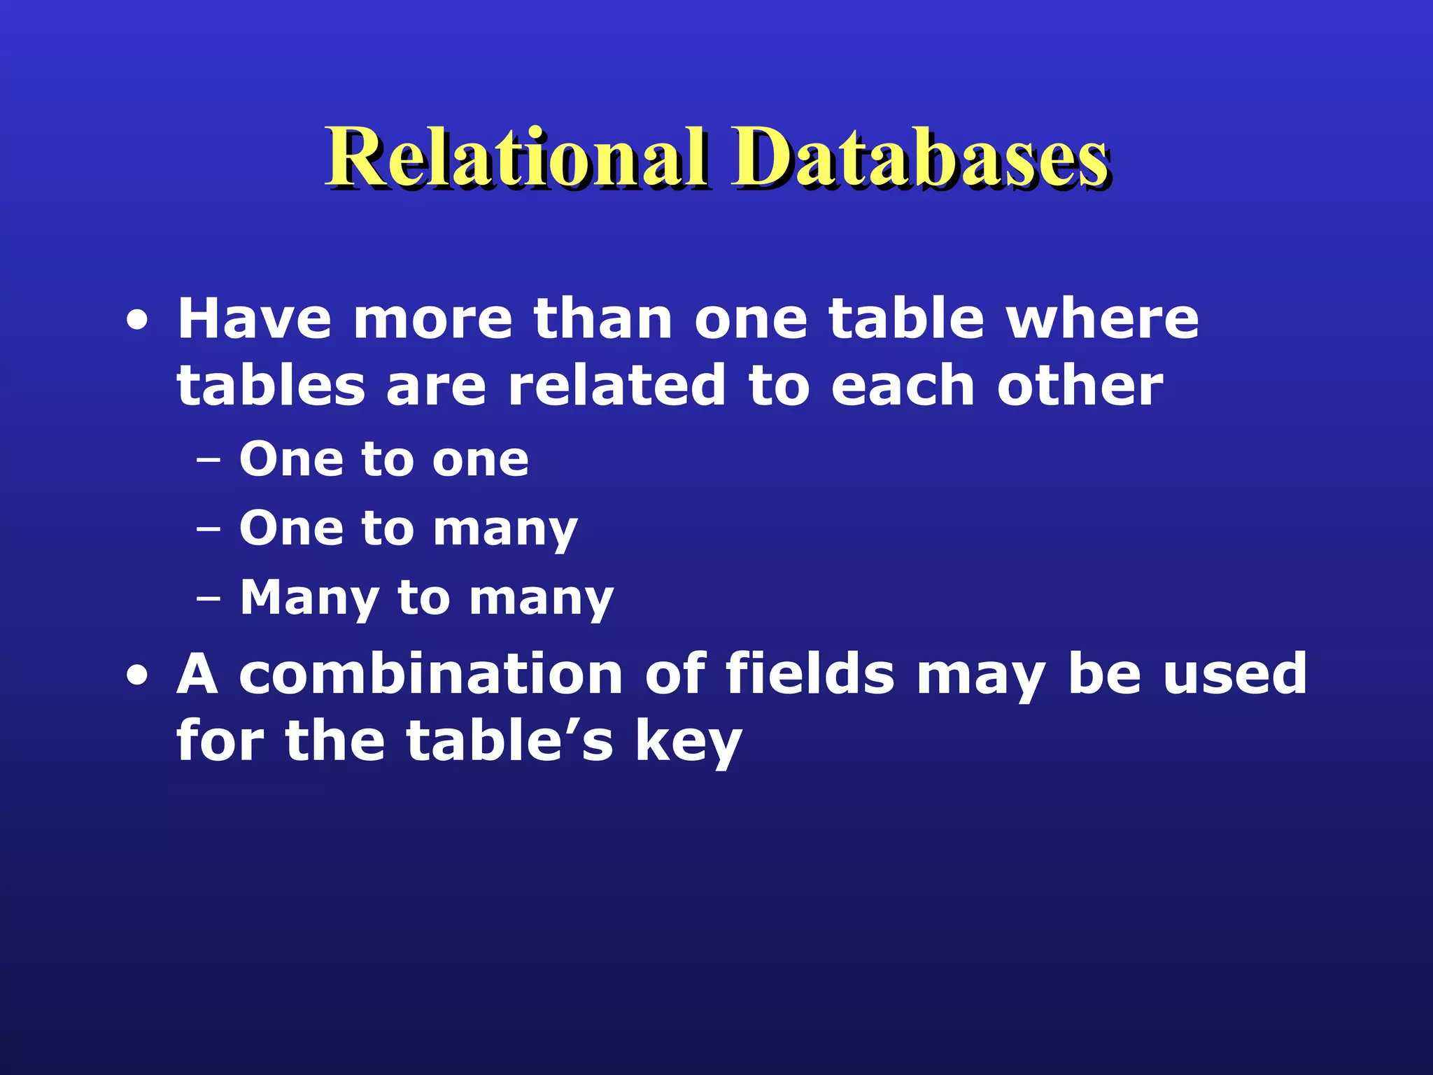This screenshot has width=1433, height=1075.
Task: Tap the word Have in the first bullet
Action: (x=254, y=319)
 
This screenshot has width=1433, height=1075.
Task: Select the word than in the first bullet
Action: (x=602, y=319)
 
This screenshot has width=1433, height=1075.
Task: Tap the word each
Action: (x=903, y=386)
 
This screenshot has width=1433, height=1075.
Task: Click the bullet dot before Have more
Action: (x=138, y=322)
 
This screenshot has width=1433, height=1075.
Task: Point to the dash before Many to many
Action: (x=209, y=600)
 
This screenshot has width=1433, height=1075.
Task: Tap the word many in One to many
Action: (x=505, y=530)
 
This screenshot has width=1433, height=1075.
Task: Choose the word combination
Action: (x=431, y=674)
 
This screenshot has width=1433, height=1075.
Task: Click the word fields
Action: (x=810, y=674)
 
